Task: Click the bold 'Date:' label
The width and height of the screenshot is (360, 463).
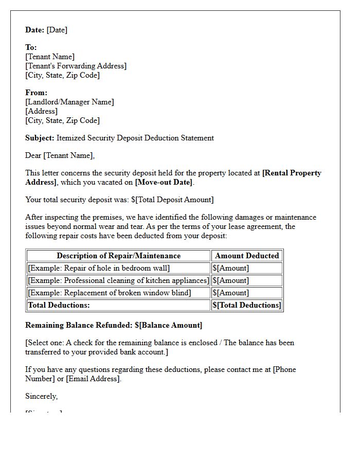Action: (35, 30)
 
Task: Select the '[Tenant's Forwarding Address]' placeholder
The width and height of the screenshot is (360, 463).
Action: (76, 66)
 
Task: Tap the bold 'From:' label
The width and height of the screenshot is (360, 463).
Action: (36, 93)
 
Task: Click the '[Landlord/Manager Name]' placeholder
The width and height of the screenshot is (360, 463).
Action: (69, 102)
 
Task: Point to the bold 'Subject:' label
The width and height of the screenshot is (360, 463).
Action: (40, 138)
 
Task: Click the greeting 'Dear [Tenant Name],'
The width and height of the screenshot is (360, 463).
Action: (60, 155)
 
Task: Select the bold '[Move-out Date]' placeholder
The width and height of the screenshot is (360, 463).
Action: (164, 182)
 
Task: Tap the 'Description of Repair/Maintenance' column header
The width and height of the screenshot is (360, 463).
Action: (118, 256)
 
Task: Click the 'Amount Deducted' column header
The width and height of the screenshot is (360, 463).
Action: (247, 256)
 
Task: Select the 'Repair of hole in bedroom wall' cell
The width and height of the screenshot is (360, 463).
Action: (99, 268)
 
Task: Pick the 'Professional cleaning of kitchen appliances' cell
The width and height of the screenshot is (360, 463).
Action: (118, 280)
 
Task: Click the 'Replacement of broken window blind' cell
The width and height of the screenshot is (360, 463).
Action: (109, 293)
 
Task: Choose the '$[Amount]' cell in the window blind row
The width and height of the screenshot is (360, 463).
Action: (230, 293)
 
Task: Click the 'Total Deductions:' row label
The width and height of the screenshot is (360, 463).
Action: (59, 305)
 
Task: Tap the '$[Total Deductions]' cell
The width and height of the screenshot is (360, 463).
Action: (247, 305)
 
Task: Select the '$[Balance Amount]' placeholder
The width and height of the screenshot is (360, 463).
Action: (169, 325)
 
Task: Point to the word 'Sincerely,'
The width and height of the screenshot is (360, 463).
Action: (42, 396)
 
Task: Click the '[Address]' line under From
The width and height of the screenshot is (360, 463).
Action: (41, 111)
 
